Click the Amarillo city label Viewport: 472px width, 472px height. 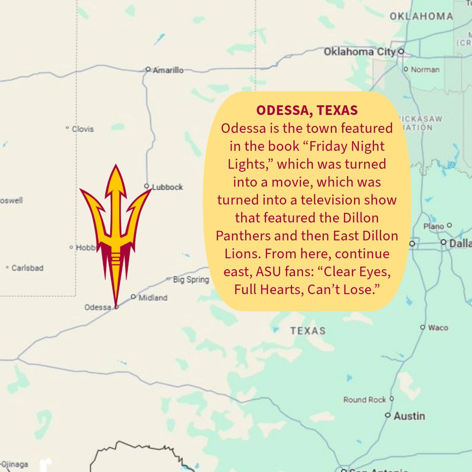pyautogui.click(x=168, y=70)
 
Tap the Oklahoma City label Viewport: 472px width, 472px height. pyautogui.click(x=359, y=52)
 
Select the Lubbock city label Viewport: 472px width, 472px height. pyautogui.click(x=167, y=187)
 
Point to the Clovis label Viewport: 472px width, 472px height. pyautogui.click(x=83, y=129)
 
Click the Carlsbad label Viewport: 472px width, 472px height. pyautogui.click(x=27, y=268)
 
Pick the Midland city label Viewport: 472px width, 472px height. pyautogui.click(x=153, y=298)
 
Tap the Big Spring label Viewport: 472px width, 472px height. pyautogui.click(x=191, y=280)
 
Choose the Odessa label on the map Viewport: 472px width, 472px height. pyautogui.click(x=98, y=307)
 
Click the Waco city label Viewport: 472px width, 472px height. pyautogui.click(x=437, y=327)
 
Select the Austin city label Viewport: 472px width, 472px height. pyautogui.click(x=409, y=416)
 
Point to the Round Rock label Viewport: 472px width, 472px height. pyautogui.click(x=365, y=399)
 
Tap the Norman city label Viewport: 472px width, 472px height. pyautogui.click(x=425, y=69)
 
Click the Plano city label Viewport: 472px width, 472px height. pyautogui.click(x=434, y=226)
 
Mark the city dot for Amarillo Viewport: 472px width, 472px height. pyautogui.click(x=148, y=69)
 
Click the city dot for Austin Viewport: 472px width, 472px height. pyautogui.click(x=388, y=415)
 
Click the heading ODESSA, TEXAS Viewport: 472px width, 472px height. pyautogui.click(x=307, y=111)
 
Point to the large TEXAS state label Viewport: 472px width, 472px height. pyautogui.click(x=308, y=330)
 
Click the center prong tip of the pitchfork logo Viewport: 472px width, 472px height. pyautogui.click(x=116, y=167)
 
